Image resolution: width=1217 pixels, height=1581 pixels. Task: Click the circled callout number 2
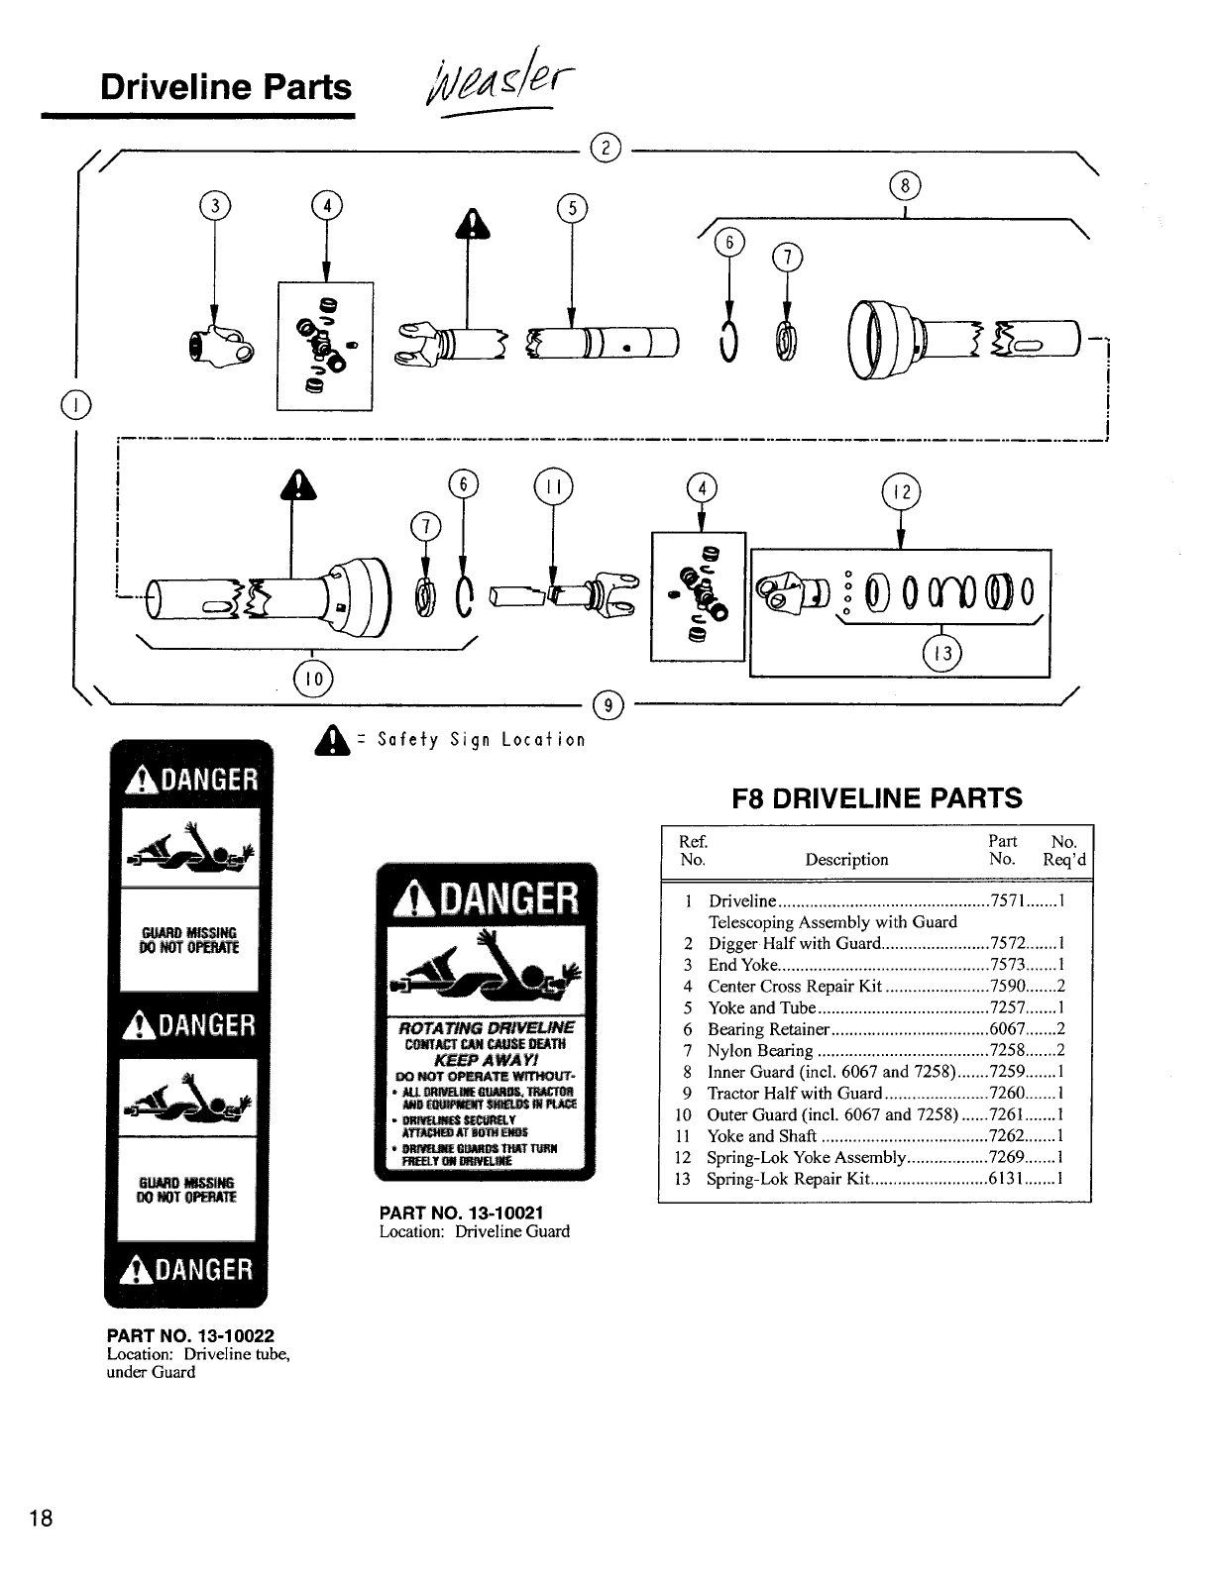[x=604, y=148]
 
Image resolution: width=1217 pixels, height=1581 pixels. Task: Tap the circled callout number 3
[x=213, y=206]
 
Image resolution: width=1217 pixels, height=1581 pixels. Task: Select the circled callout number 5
[x=572, y=208]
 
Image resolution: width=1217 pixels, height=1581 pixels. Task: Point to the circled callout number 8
[x=905, y=186]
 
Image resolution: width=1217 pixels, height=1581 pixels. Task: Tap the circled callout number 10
[x=313, y=678]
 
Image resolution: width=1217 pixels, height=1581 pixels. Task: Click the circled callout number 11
[x=553, y=487]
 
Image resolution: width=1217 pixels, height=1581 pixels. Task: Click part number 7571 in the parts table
[x=1008, y=900]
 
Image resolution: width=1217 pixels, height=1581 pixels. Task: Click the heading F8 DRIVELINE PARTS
[x=877, y=798]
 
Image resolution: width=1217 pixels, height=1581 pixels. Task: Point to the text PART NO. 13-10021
[x=462, y=1212]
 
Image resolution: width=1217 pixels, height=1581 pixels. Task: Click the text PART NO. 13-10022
[x=190, y=1335]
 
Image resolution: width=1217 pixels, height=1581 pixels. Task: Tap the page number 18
[x=42, y=1519]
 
